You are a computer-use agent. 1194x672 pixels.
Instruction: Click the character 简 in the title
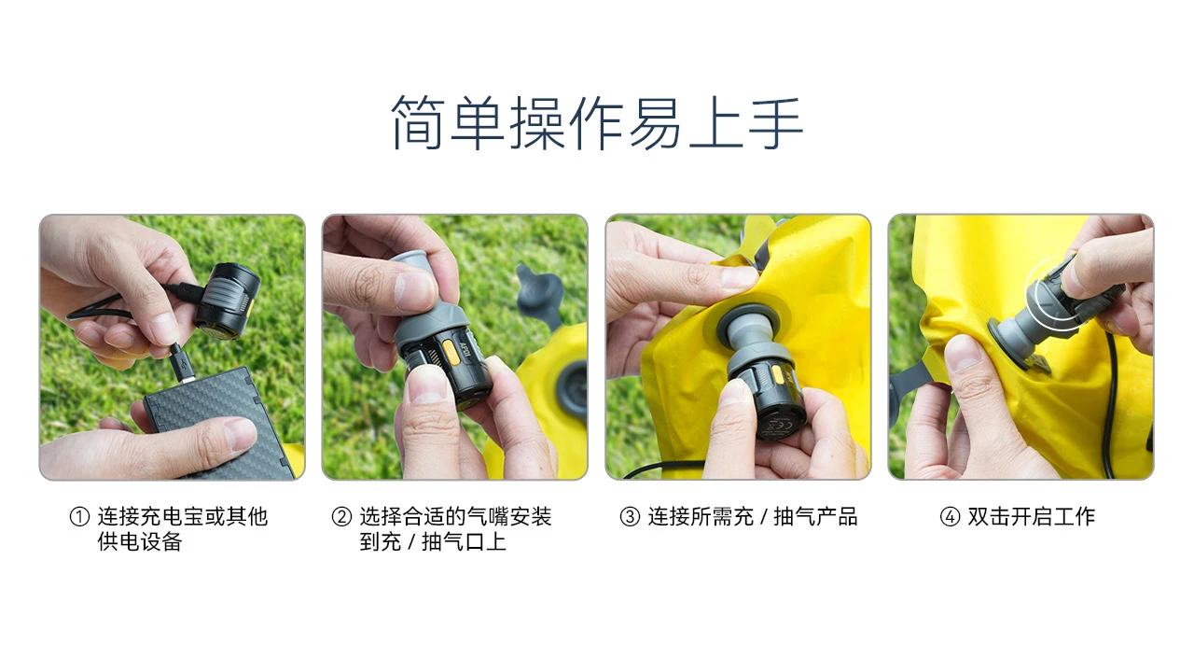point(418,122)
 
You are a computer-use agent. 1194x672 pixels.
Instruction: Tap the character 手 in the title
point(776,122)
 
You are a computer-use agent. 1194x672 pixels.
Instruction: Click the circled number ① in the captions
point(79,517)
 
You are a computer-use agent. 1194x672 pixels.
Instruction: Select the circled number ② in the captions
point(341,517)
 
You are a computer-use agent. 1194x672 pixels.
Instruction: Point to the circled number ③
point(630,517)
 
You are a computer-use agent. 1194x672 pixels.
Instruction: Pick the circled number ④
point(950,517)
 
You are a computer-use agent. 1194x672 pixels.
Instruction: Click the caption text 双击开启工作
point(1032,517)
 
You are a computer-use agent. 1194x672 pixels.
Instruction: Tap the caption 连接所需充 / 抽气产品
point(753,517)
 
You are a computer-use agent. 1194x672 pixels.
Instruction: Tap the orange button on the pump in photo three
point(778,375)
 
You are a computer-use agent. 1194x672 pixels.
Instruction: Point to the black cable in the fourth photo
point(1113,404)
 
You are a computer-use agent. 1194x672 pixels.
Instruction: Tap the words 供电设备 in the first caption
point(140,542)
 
